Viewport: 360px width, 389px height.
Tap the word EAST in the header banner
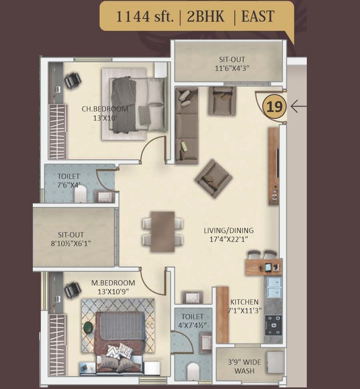(x=257, y=16)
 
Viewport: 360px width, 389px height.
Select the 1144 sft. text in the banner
(x=144, y=16)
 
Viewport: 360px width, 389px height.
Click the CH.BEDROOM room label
(x=105, y=109)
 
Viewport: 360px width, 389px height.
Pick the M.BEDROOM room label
(x=113, y=283)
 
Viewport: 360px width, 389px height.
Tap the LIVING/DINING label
(x=228, y=230)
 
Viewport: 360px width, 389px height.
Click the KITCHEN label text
(x=244, y=302)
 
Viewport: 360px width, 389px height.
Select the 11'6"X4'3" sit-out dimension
(x=232, y=68)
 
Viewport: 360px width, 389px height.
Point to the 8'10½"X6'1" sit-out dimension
(x=71, y=243)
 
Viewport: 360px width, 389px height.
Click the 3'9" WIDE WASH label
(x=244, y=366)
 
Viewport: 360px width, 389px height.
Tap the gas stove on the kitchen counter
(x=273, y=325)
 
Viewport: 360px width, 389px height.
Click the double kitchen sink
(x=274, y=287)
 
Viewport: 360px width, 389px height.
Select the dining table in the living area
(x=163, y=231)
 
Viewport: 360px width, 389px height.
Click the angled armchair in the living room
(x=213, y=178)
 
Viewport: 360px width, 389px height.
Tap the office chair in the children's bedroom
(x=72, y=80)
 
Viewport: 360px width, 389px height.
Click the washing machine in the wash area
(x=275, y=362)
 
